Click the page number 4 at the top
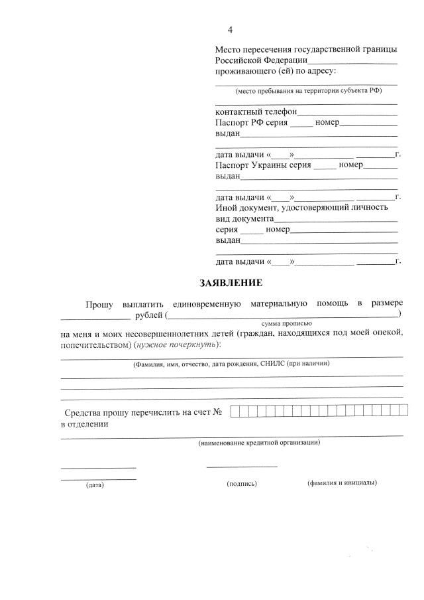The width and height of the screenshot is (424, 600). pyautogui.click(x=230, y=30)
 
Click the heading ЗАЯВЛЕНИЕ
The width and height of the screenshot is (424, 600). pyautogui.click(x=231, y=283)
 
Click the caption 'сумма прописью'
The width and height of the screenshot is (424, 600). pyautogui.click(x=286, y=323)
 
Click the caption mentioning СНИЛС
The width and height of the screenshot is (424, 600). pyautogui.click(x=231, y=364)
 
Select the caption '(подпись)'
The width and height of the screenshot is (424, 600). pyautogui.click(x=242, y=484)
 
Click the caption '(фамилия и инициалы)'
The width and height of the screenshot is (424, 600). pyautogui.click(x=342, y=483)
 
